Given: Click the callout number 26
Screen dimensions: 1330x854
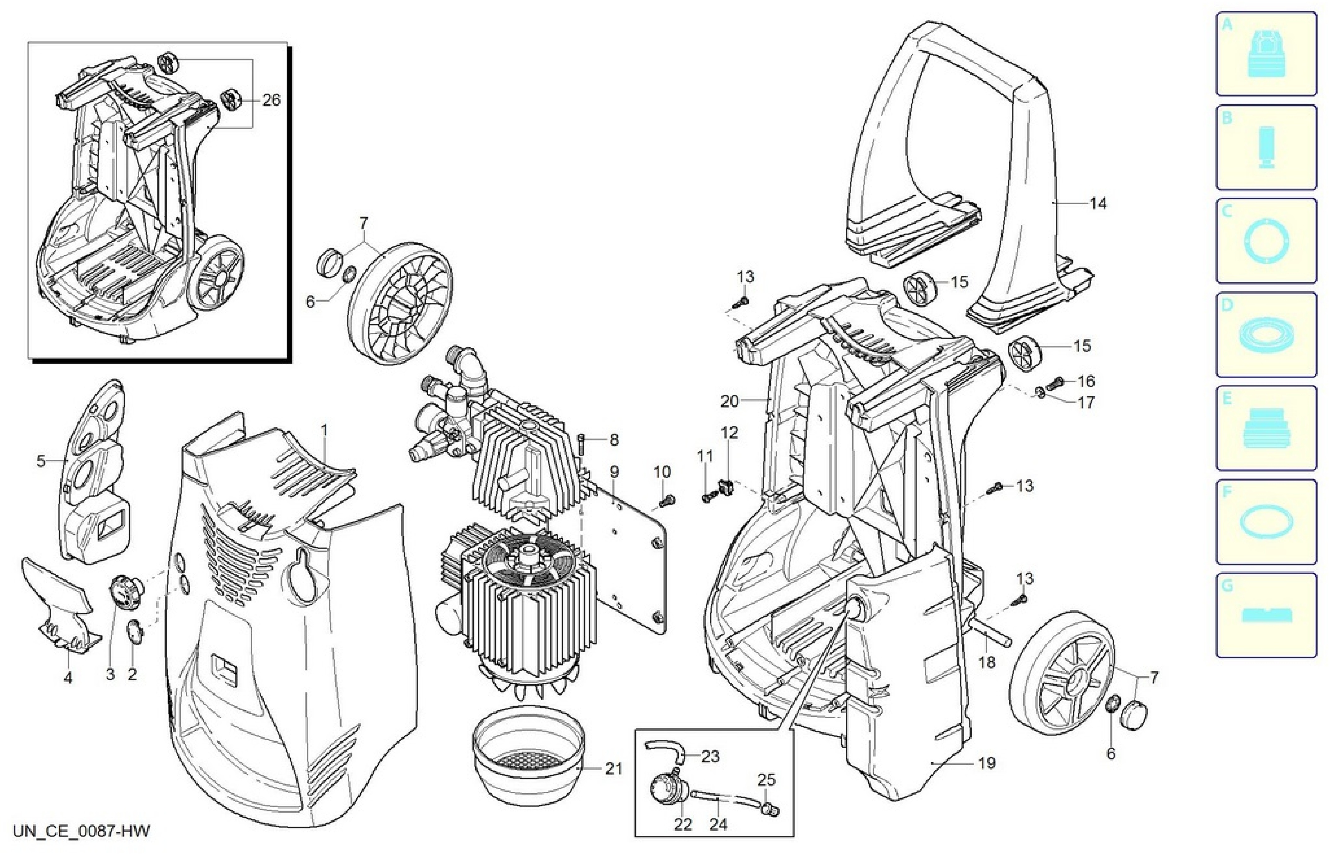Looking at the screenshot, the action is tap(272, 101).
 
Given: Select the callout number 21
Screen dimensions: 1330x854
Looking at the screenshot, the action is tap(613, 769).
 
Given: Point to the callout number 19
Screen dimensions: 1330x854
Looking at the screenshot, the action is tap(987, 764).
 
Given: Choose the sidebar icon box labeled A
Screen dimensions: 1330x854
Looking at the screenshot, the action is tap(1266, 54).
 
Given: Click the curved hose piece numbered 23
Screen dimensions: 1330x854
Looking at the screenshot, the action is tap(667, 751).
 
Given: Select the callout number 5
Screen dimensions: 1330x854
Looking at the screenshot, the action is tap(41, 461).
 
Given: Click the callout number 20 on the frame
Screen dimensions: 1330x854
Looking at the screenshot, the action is tap(729, 401).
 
